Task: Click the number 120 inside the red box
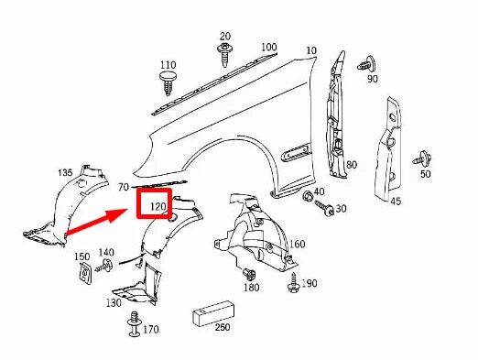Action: point(158,208)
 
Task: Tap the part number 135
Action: point(66,173)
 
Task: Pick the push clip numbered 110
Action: point(168,86)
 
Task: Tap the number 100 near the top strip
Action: point(268,47)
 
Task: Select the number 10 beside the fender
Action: point(311,50)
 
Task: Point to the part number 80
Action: point(350,165)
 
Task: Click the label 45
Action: point(396,202)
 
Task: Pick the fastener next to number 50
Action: point(423,158)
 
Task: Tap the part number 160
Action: point(298,245)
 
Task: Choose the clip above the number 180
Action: point(247,273)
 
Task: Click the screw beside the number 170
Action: point(136,322)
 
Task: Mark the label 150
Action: point(81,256)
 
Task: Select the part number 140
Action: point(106,252)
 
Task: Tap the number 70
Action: point(124,187)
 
